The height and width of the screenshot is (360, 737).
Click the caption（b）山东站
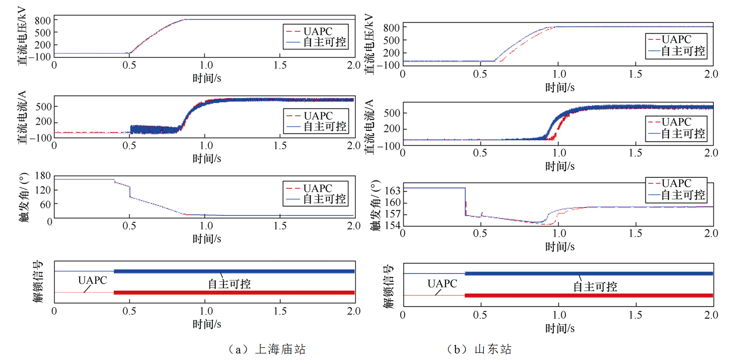(479, 349)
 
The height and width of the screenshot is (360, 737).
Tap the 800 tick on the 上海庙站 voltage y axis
(43, 20)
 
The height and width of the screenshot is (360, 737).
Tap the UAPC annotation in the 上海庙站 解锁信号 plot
(93, 280)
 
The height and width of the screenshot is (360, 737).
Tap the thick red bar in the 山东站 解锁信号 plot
(589, 296)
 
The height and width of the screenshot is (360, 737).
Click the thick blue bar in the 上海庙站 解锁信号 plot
(234, 271)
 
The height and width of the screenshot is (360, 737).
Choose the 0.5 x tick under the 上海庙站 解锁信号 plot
(129, 311)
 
